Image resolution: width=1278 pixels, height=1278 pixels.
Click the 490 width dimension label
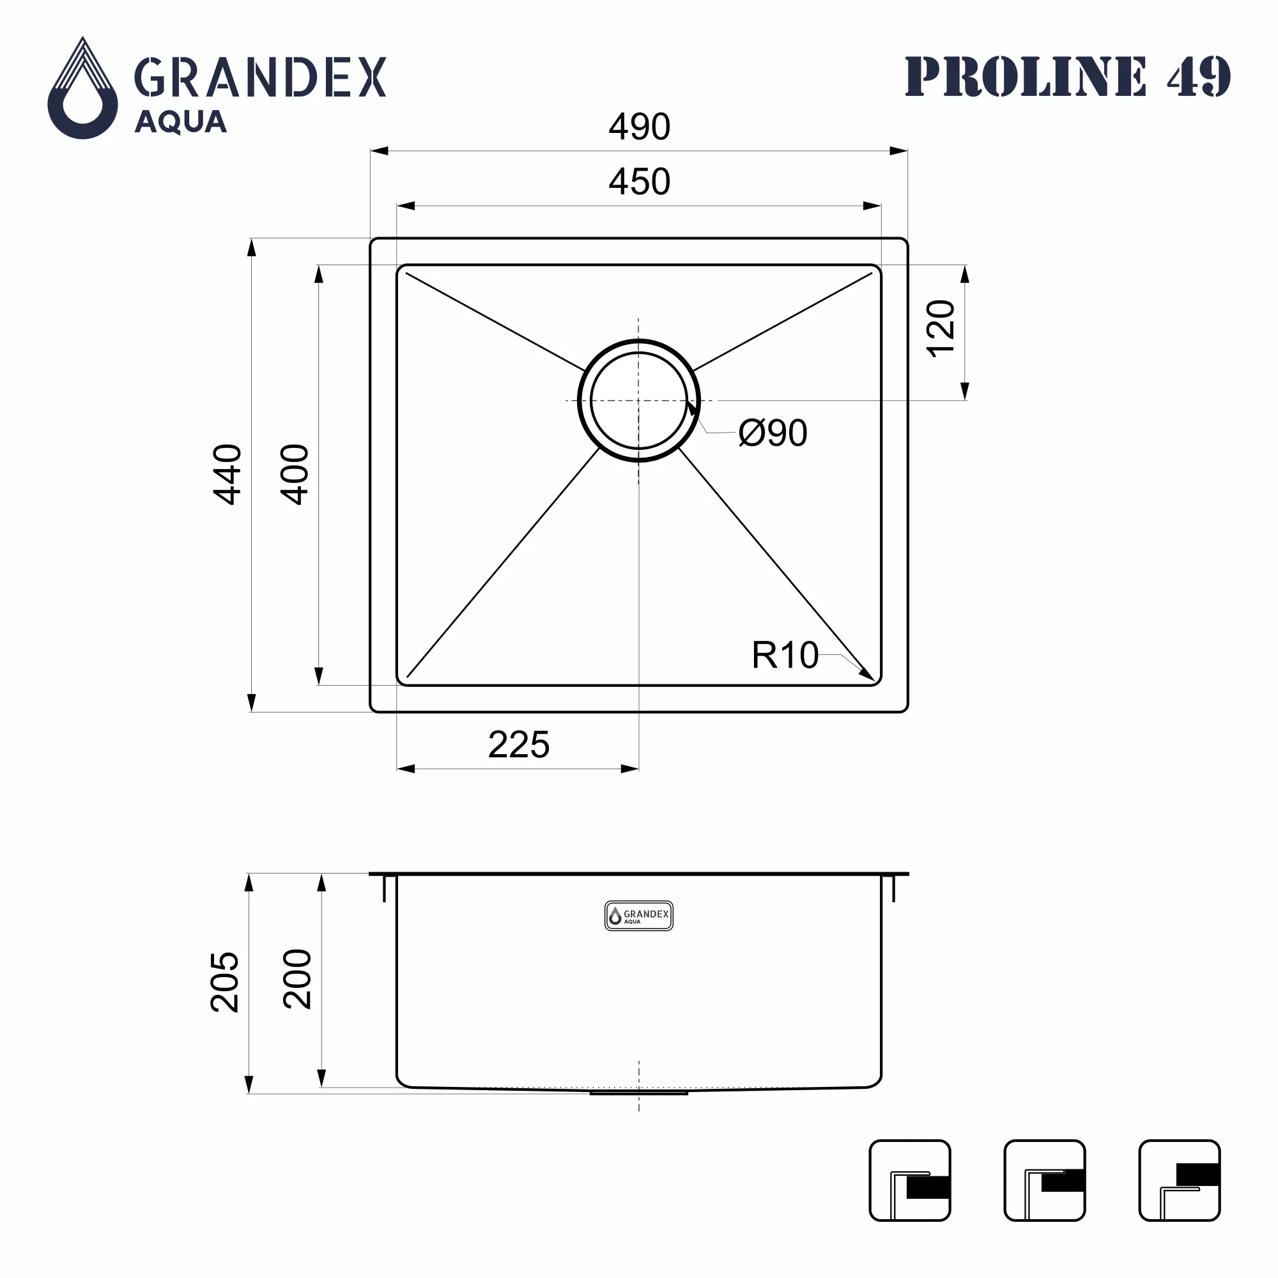639,127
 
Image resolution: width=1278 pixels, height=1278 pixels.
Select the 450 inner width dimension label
639,181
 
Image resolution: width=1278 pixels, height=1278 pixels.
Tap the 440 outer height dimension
227,475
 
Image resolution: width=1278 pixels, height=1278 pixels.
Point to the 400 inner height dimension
295,475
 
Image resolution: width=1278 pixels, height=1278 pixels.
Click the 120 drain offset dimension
940,328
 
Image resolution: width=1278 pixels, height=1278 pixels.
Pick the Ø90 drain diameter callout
773,433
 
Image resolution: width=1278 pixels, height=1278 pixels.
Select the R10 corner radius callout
785,655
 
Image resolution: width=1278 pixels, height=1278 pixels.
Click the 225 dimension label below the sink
519,745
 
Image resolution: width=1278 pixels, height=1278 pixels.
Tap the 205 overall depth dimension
224,982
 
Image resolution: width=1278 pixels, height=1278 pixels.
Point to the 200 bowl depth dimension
297,979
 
